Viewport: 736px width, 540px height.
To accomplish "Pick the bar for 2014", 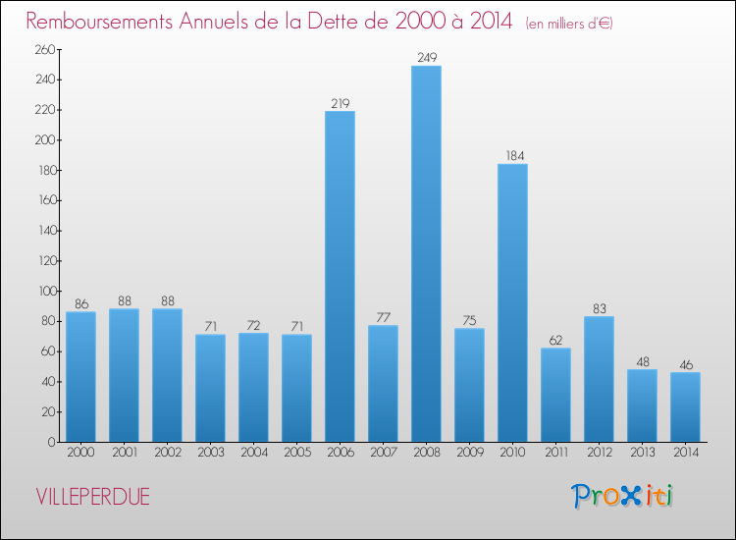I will [x=685, y=406].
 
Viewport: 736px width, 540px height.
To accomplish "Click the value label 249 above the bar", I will [x=426, y=58].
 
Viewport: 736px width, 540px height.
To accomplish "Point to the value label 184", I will [x=512, y=156].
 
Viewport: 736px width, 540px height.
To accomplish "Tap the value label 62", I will [x=555, y=340].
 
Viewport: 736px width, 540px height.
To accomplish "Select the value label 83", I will [x=599, y=308].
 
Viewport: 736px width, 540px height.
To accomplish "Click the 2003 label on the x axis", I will [x=210, y=455].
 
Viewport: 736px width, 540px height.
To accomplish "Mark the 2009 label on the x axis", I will [x=469, y=455].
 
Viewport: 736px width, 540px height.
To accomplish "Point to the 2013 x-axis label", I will [x=642, y=455].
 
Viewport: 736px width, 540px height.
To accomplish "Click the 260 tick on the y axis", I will [x=45, y=50].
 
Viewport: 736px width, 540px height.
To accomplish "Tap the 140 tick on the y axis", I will [x=45, y=231].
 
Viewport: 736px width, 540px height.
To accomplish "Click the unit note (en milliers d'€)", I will [x=569, y=23].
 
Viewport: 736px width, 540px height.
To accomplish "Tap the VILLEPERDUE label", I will [x=92, y=497].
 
